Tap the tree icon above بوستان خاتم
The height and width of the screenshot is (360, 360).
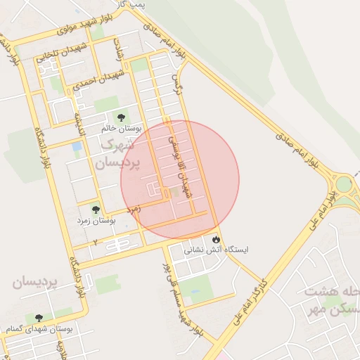[x=121, y=117]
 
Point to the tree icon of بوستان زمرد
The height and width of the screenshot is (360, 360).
[x=96, y=210]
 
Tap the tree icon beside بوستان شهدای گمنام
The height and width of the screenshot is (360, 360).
[x=38, y=318]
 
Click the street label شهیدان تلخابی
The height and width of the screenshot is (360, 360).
[x=63, y=51]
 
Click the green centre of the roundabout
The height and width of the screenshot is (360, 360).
[x=345, y=184]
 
